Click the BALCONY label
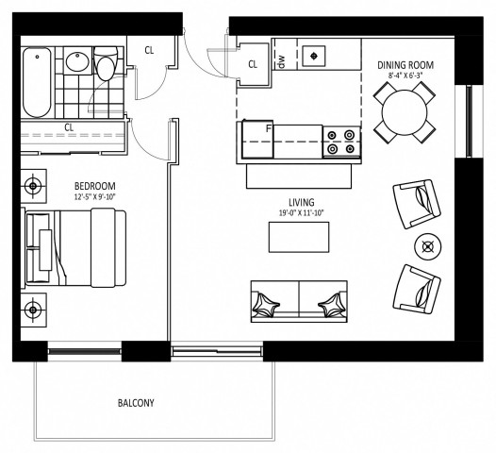click(136, 403)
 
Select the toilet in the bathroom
click(107, 67)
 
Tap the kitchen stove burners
click(342, 140)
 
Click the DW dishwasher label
click(281, 59)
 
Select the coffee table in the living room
click(300, 238)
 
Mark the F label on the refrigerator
click(269, 127)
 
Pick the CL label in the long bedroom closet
click(70, 127)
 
